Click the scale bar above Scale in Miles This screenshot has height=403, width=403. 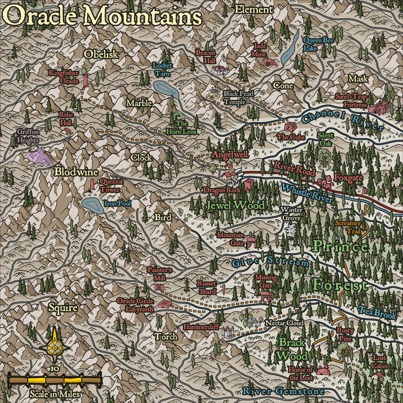click(55, 380)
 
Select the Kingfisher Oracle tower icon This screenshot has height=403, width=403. click(85, 80)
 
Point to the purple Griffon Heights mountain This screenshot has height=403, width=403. click(39, 156)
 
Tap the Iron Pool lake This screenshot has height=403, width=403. click(93, 206)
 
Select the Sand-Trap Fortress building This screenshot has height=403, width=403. click(379, 108)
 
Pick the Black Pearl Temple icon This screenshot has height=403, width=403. click(214, 94)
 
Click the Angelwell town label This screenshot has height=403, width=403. click(230, 155)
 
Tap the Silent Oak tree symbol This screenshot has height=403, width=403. click(324, 156)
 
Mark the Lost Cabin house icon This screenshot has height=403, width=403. click(377, 376)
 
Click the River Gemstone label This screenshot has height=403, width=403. click(283, 391)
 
